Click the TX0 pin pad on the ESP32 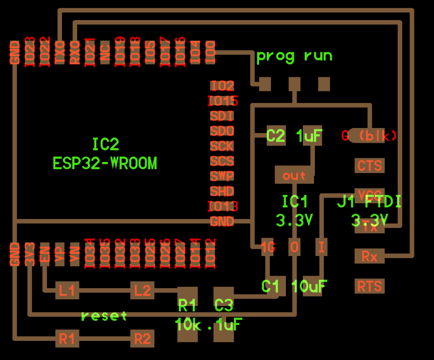[60, 52]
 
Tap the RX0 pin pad [74, 52]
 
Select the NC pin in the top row [105, 52]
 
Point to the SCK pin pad [222, 146]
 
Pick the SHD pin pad [222, 191]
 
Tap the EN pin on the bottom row [45, 254]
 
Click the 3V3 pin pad [30, 254]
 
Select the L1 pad [67, 291]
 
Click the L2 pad [142, 291]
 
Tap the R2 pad [142, 339]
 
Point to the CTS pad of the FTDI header [369, 166]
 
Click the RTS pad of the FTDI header [369, 286]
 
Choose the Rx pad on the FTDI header [369, 257]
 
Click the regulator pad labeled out [294, 175]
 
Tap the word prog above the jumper [275, 56]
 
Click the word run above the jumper [318, 56]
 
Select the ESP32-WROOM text [105, 163]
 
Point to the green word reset [104, 316]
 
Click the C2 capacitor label [276, 136]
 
